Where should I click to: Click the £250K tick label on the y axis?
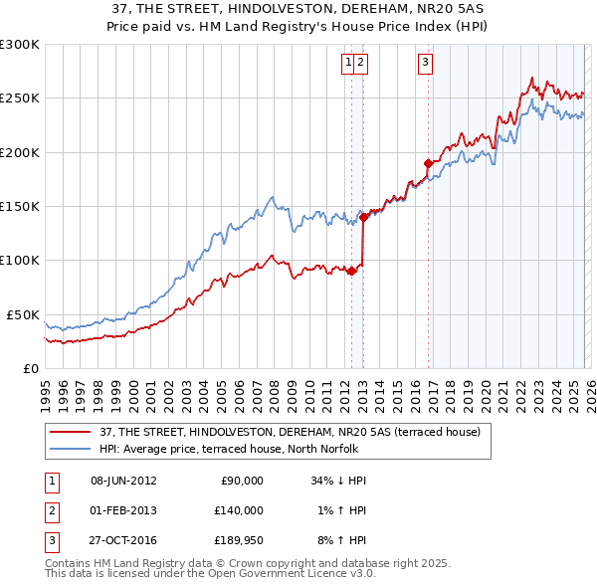click(x=20, y=98)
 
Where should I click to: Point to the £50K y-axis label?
click(x=23, y=314)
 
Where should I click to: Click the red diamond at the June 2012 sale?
click(x=351, y=271)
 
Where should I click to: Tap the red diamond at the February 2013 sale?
click(x=363, y=217)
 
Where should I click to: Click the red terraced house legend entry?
click(x=290, y=432)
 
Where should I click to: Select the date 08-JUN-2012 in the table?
click(x=123, y=481)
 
